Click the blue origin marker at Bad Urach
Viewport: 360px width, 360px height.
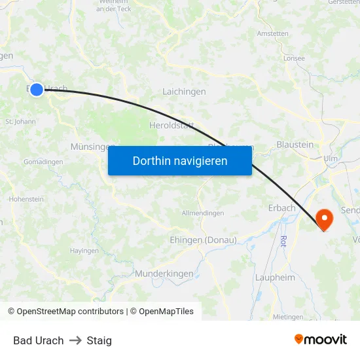coord(37,90)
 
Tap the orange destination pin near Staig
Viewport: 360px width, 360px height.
coord(324,219)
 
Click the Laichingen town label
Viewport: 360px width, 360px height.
coord(184,92)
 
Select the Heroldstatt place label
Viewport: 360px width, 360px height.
coord(171,125)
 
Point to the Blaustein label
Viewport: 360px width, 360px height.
coord(295,145)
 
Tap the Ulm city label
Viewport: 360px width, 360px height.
coord(330,158)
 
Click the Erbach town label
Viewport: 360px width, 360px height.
coord(282,207)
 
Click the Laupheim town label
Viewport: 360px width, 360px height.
coord(276,277)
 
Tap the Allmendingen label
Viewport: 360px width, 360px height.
coord(203,213)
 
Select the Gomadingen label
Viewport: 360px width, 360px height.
coord(43,162)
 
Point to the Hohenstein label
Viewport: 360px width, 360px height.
coord(26,199)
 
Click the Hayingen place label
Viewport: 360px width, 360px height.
coord(84,251)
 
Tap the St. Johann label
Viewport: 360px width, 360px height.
coord(20,121)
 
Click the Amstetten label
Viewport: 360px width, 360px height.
coord(273,33)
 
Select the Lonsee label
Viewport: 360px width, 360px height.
coord(294,58)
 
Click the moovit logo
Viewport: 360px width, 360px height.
coord(321,339)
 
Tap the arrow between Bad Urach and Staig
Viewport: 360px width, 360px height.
coord(75,340)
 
